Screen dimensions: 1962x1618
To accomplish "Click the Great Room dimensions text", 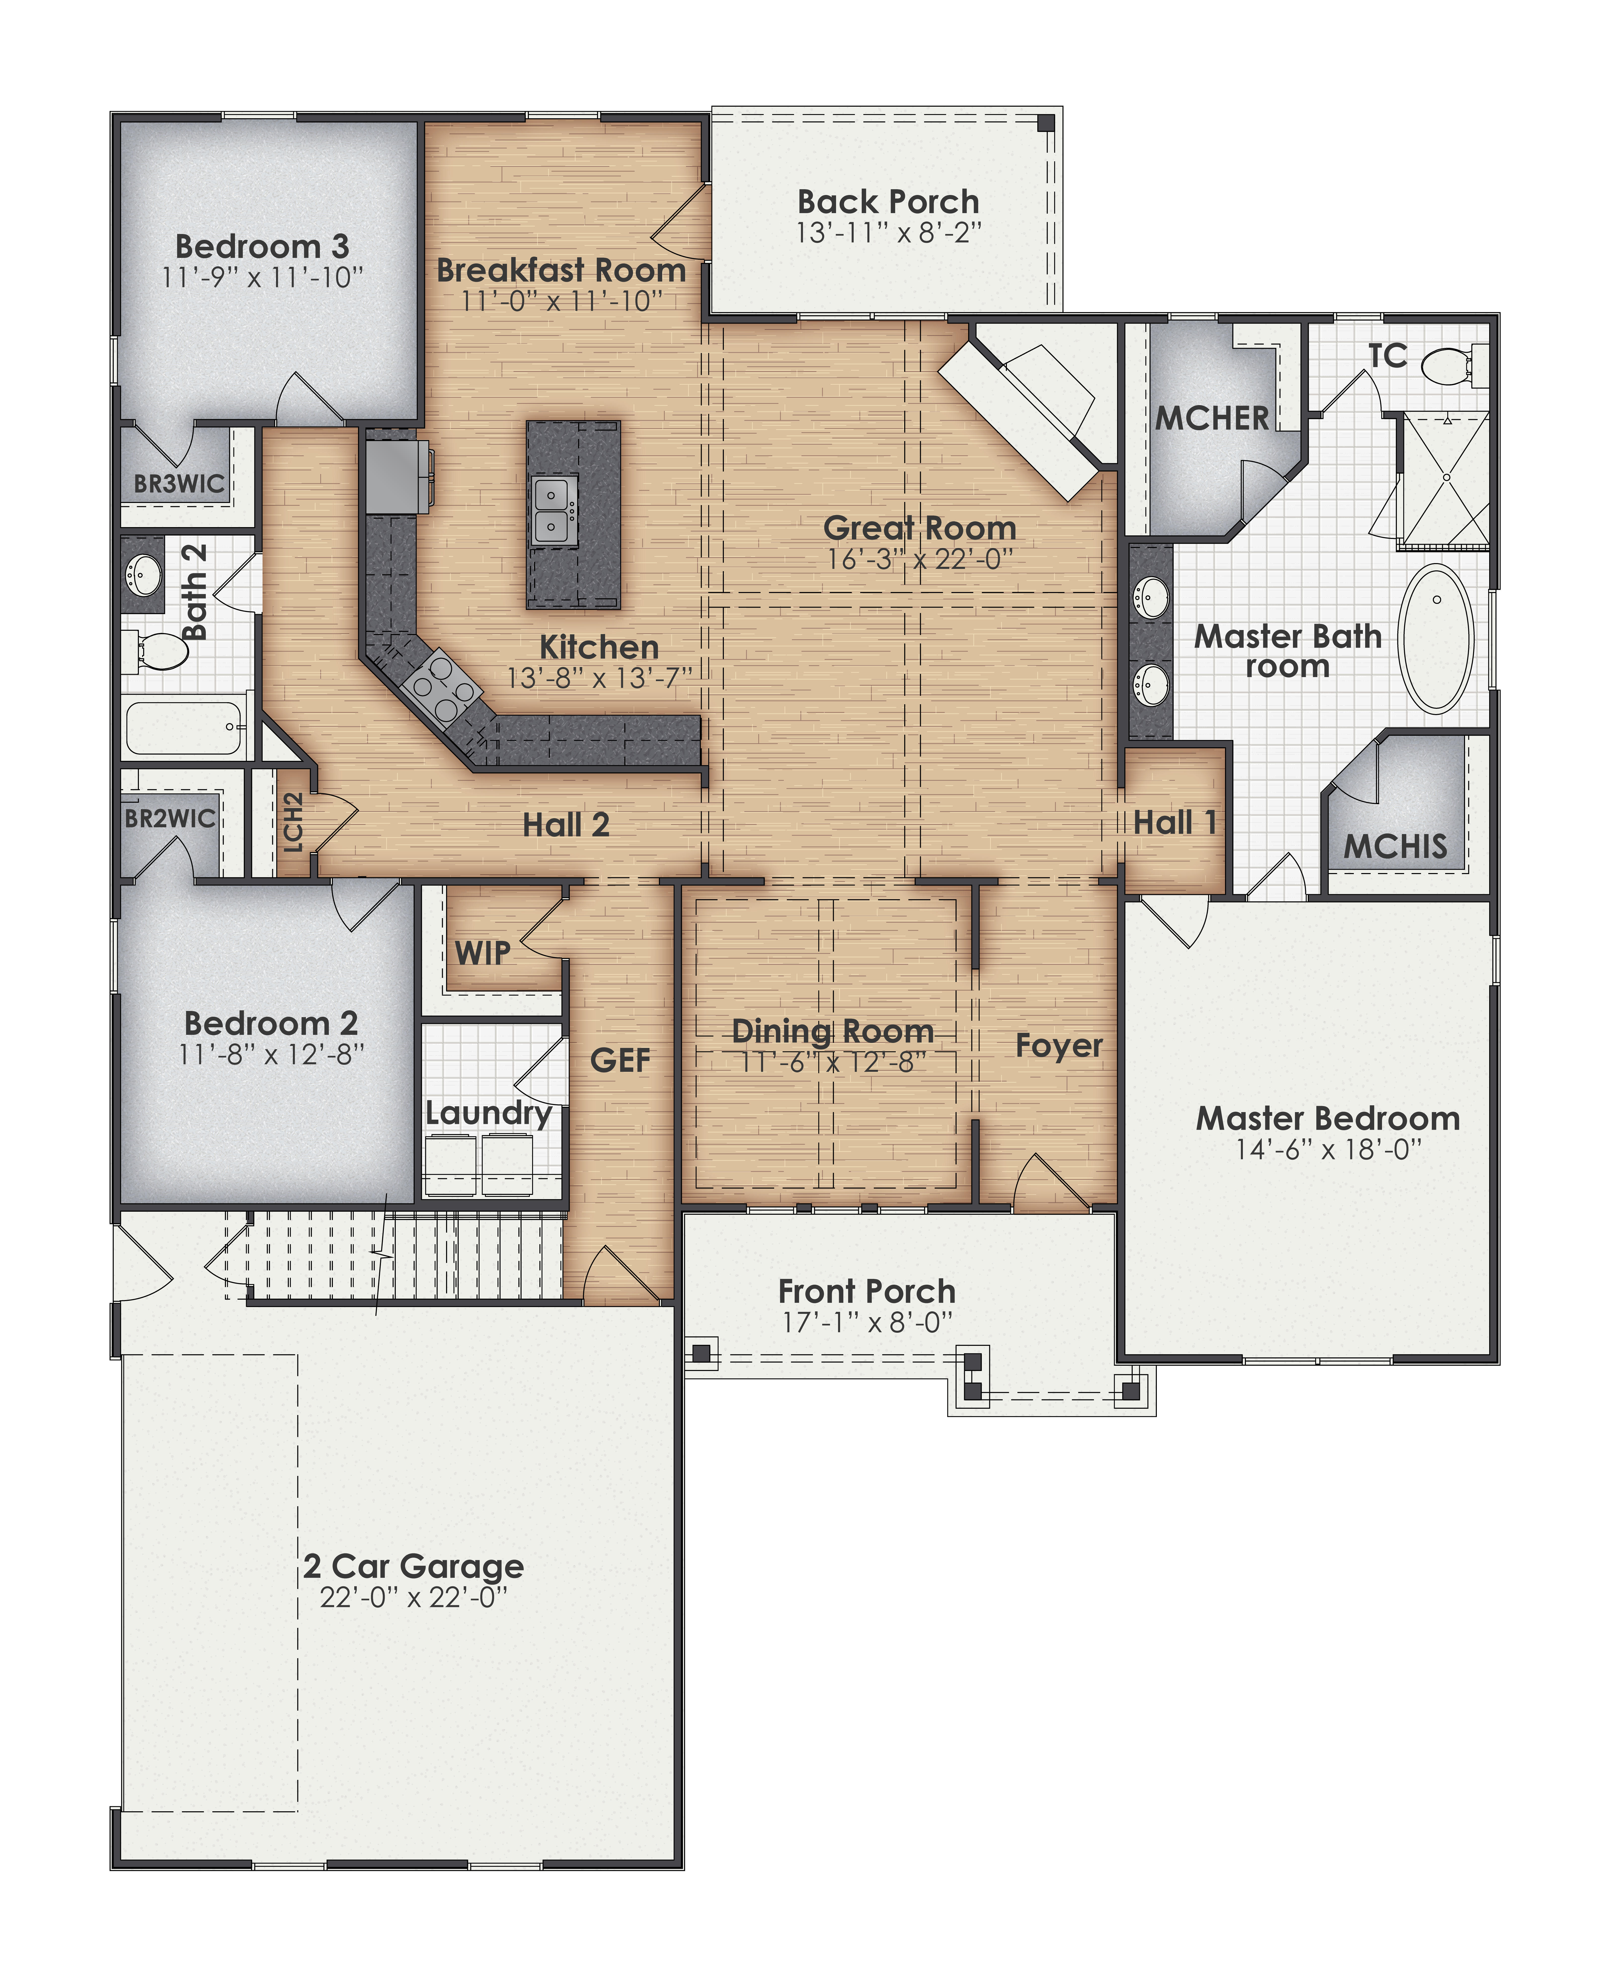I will click(x=919, y=559).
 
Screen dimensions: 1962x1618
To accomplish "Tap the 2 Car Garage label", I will click(x=414, y=1566).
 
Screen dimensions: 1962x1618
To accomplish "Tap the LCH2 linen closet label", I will click(x=293, y=822).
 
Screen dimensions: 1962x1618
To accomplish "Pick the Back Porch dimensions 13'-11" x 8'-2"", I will click(x=888, y=233).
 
